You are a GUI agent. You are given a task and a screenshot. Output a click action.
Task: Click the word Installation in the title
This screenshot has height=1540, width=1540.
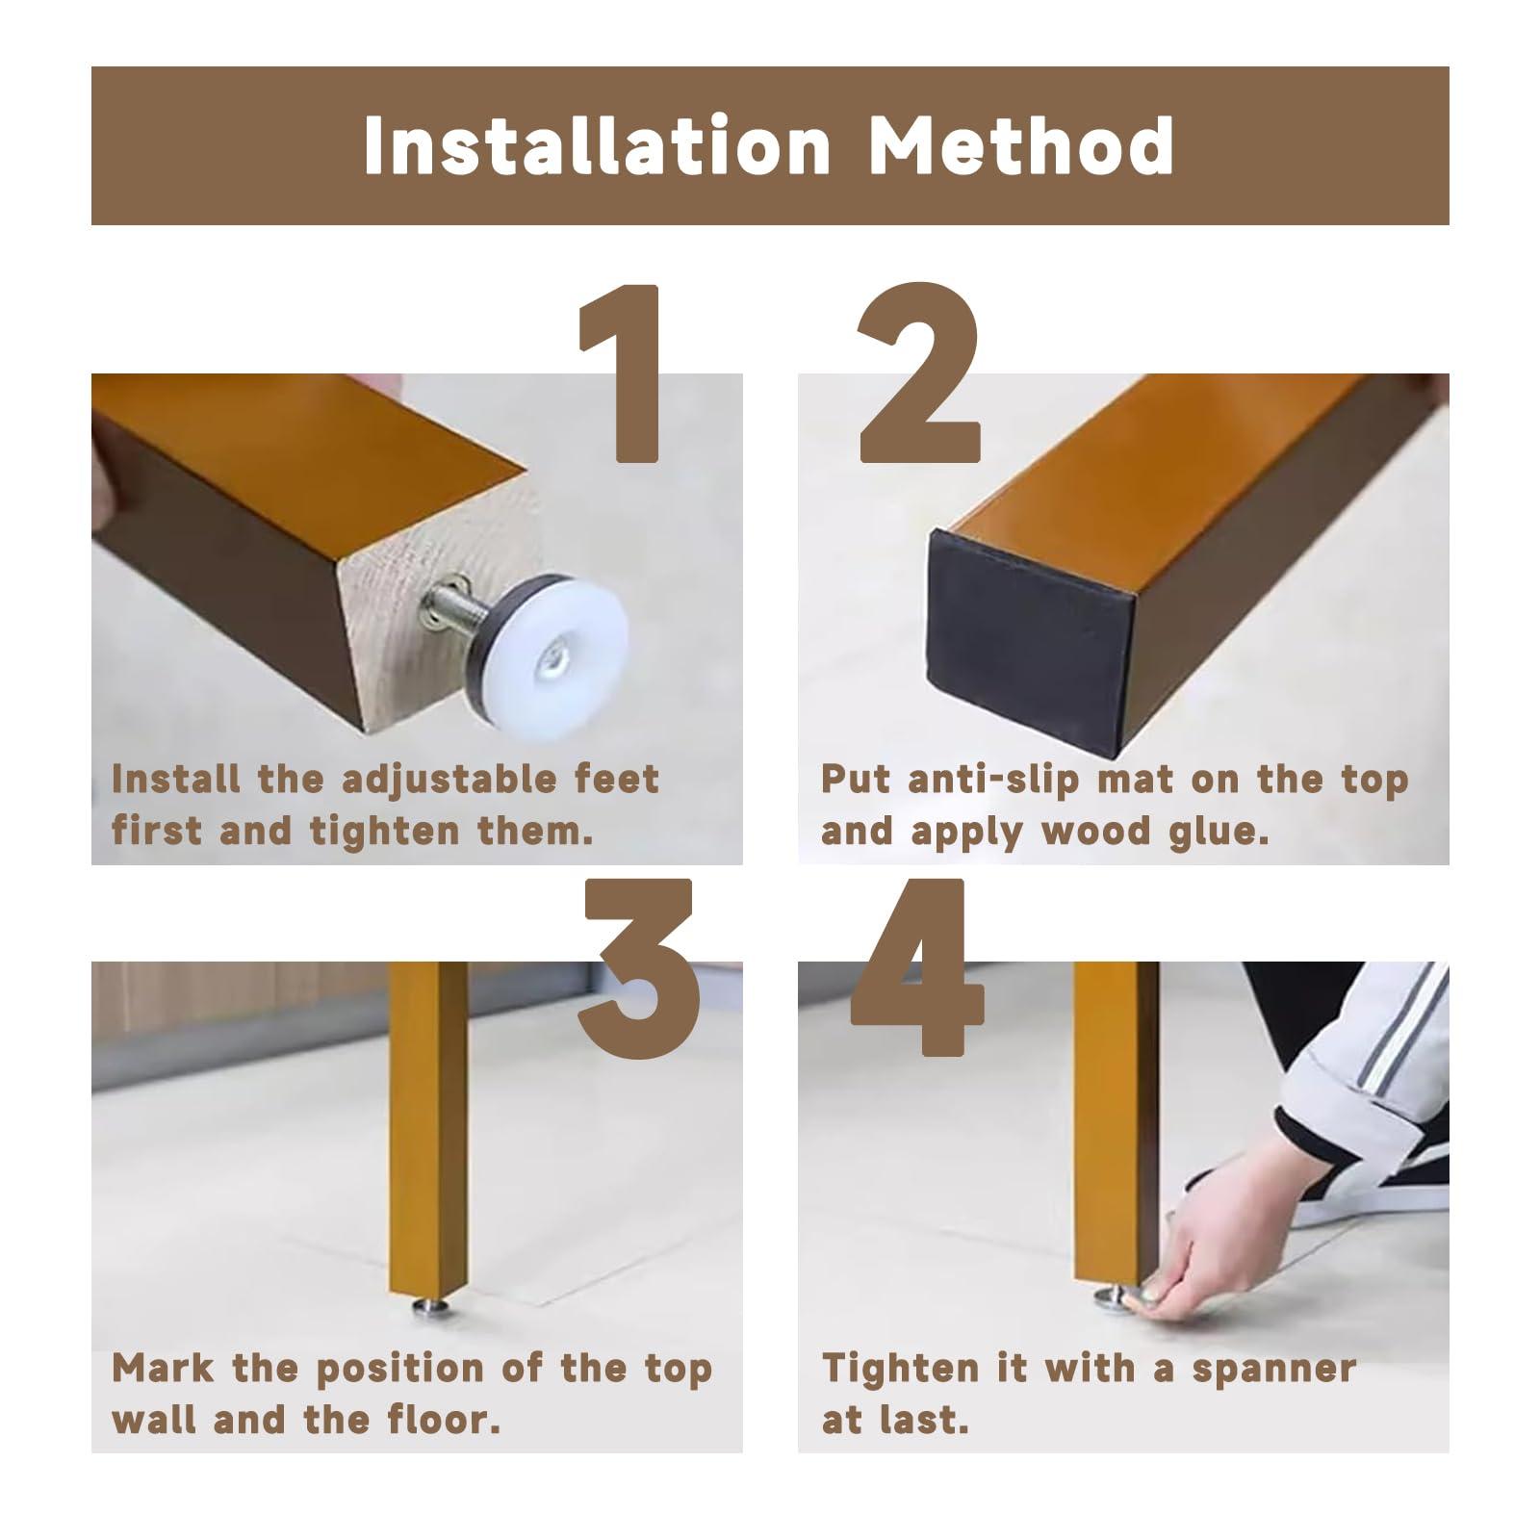(x=598, y=145)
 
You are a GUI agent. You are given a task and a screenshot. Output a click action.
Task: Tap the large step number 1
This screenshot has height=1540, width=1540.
(x=621, y=372)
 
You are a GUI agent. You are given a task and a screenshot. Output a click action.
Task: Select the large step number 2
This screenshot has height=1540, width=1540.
(x=918, y=372)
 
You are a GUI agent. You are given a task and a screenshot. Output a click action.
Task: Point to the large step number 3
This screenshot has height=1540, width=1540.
(x=639, y=970)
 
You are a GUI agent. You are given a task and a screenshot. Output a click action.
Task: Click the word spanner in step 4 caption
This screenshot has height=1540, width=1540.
(x=1273, y=1368)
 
